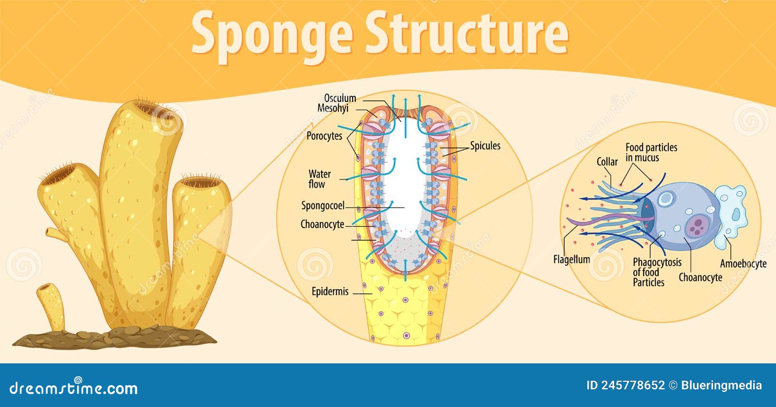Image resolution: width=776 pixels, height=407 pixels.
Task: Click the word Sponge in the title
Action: click(272, 34)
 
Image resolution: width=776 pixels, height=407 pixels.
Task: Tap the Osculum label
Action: click(340, 98)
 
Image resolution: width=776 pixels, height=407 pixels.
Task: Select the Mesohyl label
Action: click(333, 108)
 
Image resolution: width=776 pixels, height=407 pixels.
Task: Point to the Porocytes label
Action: click(324, 136)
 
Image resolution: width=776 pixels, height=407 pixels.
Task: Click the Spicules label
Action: click(485, 146)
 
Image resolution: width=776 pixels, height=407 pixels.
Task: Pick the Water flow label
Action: click(319, 179)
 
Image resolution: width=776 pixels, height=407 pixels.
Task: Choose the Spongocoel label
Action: click(323, 206)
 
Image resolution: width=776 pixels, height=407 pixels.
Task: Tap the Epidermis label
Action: click(330, 292)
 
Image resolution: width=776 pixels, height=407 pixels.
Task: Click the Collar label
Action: click(607, 162)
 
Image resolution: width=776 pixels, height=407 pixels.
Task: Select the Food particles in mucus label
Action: click(651, 152)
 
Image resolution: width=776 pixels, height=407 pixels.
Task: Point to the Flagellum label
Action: click(571, 260)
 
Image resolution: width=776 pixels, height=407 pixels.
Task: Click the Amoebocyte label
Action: click(743, 264)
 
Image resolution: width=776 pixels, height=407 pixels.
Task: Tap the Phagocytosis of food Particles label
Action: click(657, 272)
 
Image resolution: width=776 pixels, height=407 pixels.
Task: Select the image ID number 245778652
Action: click(632, 386)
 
